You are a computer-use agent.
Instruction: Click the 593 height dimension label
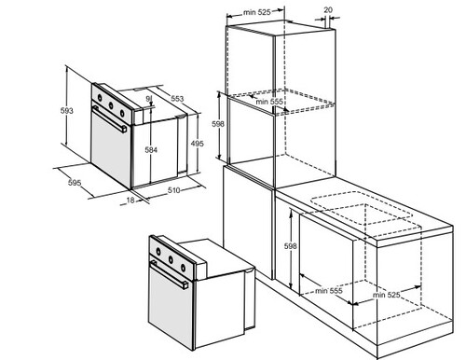click(x=66, y=110)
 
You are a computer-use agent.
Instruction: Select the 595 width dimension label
click(x=75, y=183)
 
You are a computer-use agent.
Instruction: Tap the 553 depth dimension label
click(x=177, y=99)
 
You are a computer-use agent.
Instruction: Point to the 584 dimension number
click(x=151, y=150)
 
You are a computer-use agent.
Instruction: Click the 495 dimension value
click(x=198, y=144)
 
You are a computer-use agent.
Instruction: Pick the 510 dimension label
click(x=174, y=190)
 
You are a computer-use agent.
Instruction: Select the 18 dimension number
click(x=130, y=201)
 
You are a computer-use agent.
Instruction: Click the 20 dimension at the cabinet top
click(x=328, y=10)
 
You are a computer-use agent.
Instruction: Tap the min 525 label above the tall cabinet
click(x=257, y=12)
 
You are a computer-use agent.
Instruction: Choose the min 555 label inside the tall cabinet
click(x=269, y=102)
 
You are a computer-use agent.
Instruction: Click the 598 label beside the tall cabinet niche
click(x=218, y=124)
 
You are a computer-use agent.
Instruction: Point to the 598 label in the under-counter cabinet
click(x=291, y=246)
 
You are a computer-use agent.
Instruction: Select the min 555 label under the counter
click(x=329, y=291)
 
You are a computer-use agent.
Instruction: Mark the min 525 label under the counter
click(x=386, y=294)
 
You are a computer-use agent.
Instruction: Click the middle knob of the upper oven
click(x=111, y=105)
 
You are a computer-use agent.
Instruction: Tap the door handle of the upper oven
click(x=110, y=119)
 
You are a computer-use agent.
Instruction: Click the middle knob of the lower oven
click(x=171, y=258)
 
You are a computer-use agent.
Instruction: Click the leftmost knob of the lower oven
click(x=158, y=251)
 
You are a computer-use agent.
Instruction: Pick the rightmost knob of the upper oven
click(x=122, y=113)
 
